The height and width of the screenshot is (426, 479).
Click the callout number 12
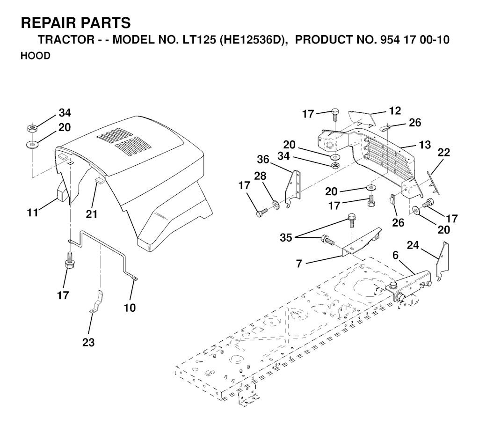[x=395, y=110]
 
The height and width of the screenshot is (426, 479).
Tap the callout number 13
[x=425, y=145]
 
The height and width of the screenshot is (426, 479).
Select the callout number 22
[x=443, y=152]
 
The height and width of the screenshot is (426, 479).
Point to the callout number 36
[x=263, y=159]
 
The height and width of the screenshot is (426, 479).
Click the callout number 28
[x=260, y=176]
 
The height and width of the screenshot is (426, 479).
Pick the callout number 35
[x=286, y=238]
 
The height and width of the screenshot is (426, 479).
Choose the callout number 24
[x=413, y=245]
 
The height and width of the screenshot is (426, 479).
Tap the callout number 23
[x=88, y=343]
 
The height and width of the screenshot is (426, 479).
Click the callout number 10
[x=130, y=308]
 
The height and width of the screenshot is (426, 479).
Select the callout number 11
[x=33, y=212]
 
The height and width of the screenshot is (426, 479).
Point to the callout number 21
[x=91, y=214]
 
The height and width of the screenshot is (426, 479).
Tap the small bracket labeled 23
[x=97, y=301]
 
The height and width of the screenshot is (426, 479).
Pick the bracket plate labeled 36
[x=293, y=189]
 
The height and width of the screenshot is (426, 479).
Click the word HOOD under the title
[x=36, y=56]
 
